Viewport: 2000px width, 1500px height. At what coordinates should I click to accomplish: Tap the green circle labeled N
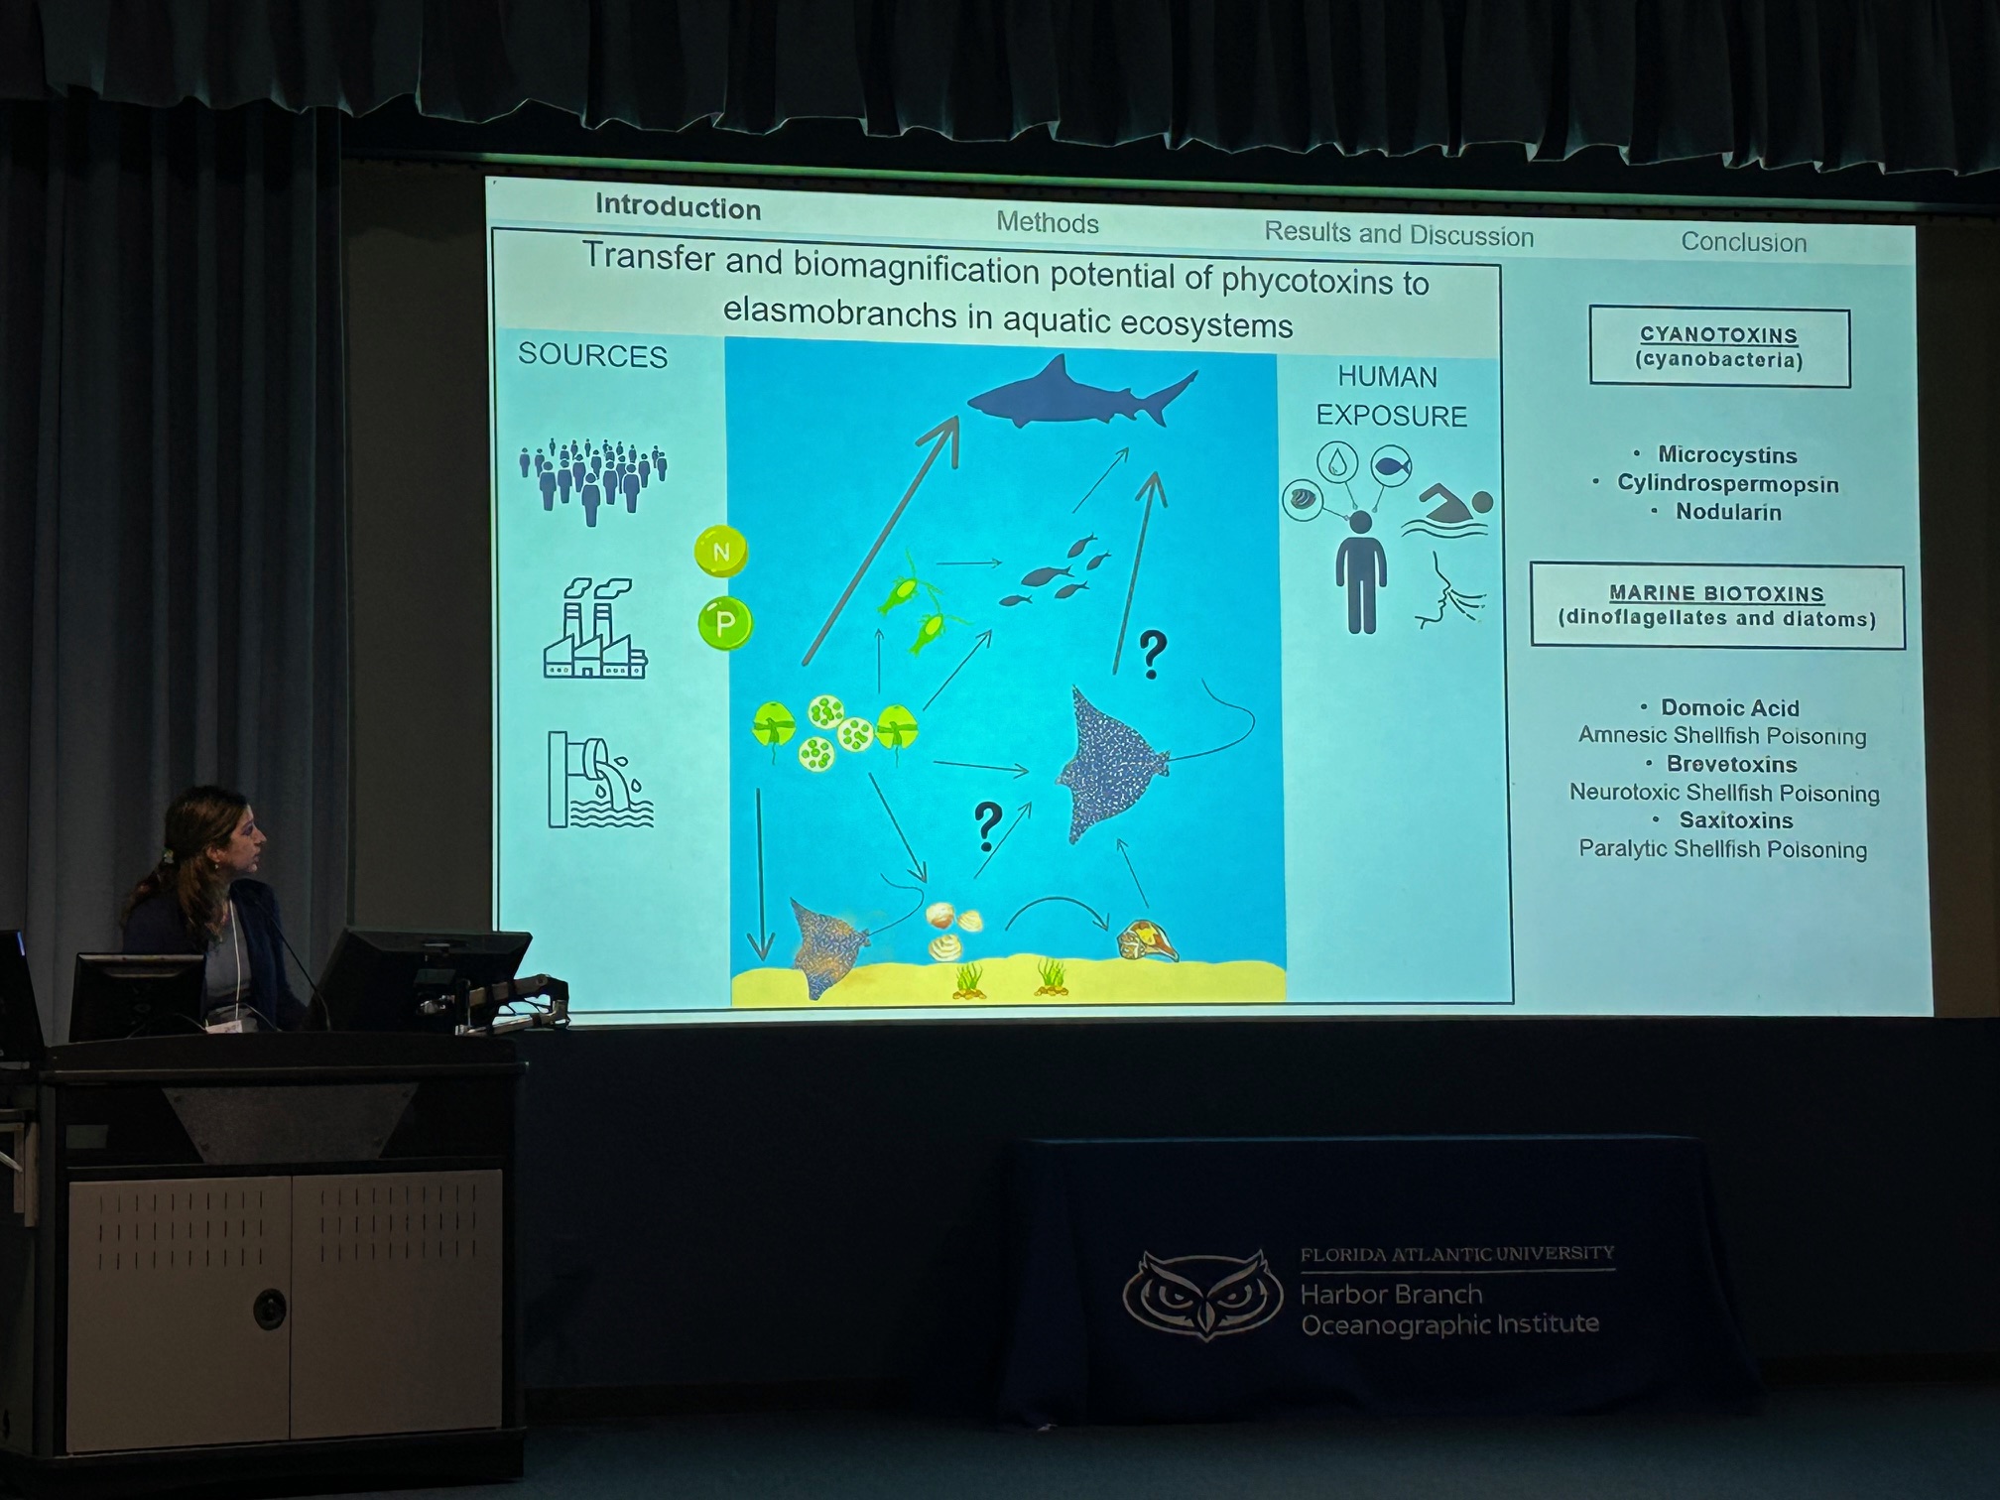[x=721, y=552]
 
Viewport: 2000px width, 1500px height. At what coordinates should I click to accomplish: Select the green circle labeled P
[x=725, y=623]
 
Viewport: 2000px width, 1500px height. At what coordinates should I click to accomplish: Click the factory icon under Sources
[x=595, y=628]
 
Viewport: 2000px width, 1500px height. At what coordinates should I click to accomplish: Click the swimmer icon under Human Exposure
[x=1446, y=510]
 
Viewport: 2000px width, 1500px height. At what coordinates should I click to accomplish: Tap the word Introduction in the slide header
[x=678, y=206]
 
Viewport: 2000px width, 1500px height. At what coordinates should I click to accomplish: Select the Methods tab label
[x=1048, y=222]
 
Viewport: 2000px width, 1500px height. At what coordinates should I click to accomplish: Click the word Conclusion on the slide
[x=1743, y=242]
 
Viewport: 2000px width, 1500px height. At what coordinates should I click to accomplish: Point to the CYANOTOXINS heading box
[x=1719, y=347]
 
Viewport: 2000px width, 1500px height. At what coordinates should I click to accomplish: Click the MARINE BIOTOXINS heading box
[x=1717, y=606]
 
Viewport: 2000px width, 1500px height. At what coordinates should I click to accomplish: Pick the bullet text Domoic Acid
[x=1729, y=707]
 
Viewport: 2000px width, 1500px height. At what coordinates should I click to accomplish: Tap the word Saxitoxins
[x=1735, y=820]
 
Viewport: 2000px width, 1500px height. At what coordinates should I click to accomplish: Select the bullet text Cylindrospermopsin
[x=1727, y=483]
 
